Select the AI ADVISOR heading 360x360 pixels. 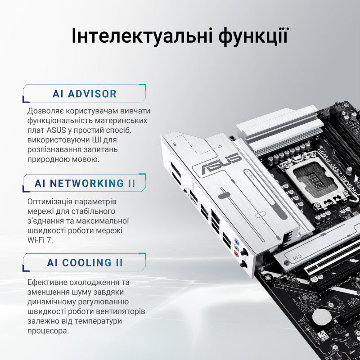point(85,94)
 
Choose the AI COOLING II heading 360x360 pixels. point(85,263)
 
